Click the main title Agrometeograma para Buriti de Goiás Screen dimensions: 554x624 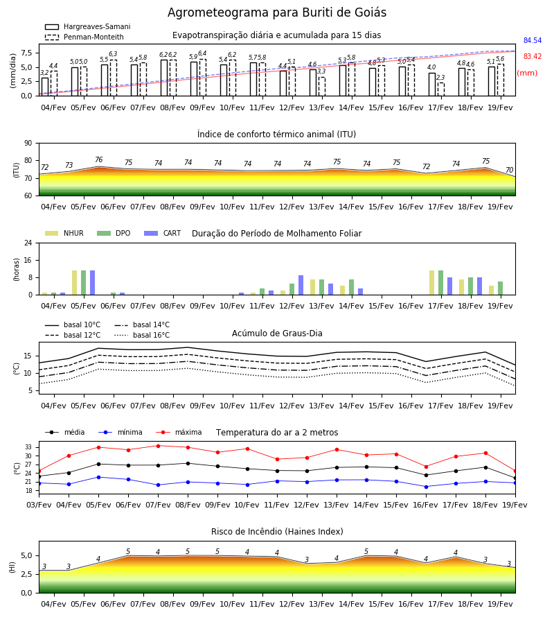(x=276, y=12)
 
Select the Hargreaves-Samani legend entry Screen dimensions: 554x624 (x=87, y=26)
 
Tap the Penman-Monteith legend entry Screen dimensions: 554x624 (x=84, y=37)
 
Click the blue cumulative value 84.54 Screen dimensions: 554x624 (x=533, y=41)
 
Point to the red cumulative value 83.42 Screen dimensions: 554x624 (x=533, y=57)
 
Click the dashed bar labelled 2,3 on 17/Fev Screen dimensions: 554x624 (x=441, y=89)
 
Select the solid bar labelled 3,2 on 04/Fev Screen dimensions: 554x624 (x=45, y=87)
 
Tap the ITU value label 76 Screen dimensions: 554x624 (x=99, y=159)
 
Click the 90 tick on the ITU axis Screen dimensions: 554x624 (x=28, y=144)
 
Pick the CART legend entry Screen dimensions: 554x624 (x=162, y=233)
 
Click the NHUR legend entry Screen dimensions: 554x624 (x=64, y=233)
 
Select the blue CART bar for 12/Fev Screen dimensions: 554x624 (x=301, y=285)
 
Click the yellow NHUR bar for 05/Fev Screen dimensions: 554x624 (x=74, y=283)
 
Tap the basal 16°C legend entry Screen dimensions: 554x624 (x=142, y=335)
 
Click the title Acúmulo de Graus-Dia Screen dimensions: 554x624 (x=277, y=333)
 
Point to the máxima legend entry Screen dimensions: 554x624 (x=179, y=432)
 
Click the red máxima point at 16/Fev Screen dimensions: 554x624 (x=427, y=467)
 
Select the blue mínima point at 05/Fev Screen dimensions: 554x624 (x=98, y=477)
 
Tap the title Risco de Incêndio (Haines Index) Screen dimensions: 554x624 (x=277, y=532)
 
